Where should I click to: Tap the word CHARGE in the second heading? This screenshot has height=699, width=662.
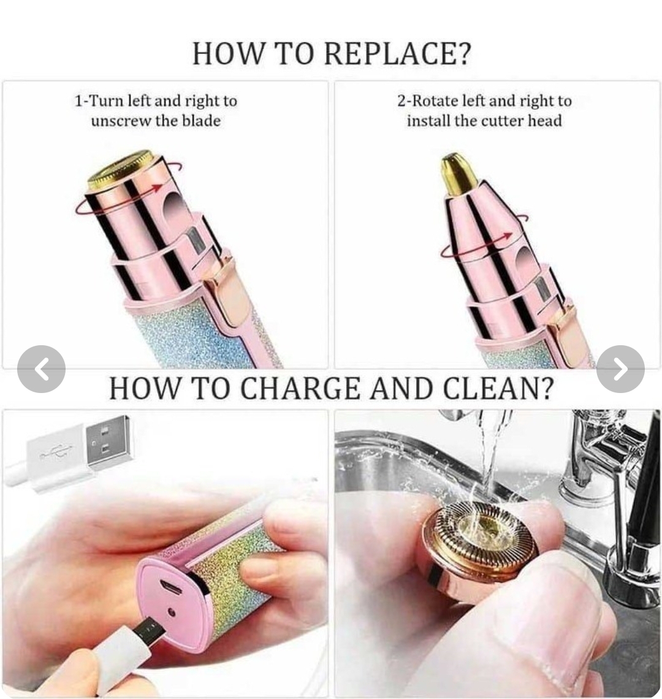pos(300,388)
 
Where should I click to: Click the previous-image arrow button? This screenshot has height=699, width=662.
pos(42,369)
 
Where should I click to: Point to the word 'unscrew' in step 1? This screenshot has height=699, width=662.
pos(121,121)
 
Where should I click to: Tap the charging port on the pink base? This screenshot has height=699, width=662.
pos(172,589)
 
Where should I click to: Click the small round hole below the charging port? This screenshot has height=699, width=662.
pos(172,613)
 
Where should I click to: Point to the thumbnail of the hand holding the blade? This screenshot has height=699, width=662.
pos(497,553)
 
